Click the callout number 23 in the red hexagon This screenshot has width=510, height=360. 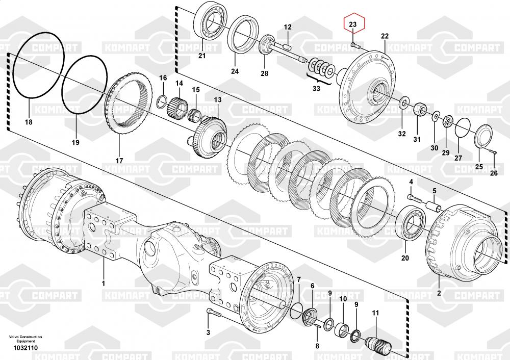point(353,24)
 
